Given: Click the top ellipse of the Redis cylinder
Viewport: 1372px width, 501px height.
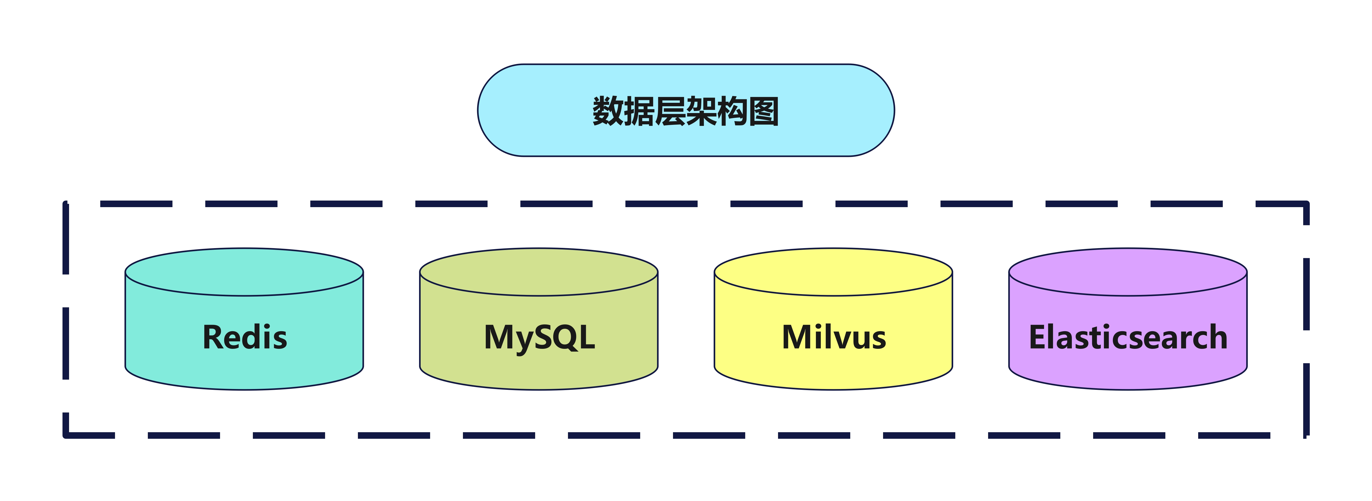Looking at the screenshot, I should tap(244, 272).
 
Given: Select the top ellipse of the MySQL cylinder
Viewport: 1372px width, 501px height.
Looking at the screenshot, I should tap(539, 272).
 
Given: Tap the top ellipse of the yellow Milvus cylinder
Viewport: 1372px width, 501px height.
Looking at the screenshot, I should tap(833, 272).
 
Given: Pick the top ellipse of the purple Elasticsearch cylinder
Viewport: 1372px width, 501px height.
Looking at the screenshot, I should tap(1128, 272).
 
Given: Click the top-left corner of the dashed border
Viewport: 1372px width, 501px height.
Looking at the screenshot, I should tap(65, 204).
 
